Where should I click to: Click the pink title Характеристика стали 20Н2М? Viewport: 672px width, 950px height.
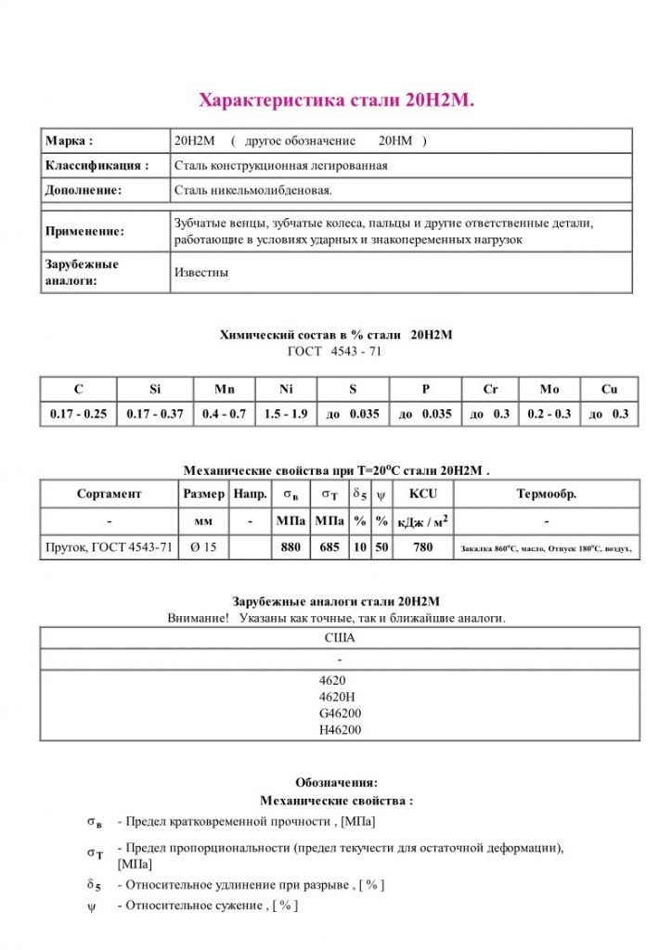(337, 100)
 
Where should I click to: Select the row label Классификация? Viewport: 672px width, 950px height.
(97, 165)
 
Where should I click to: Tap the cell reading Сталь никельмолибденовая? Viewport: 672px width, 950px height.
(253, 190)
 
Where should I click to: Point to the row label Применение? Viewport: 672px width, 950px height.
(84, 231)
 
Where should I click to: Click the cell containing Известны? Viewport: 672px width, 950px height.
(201, 273)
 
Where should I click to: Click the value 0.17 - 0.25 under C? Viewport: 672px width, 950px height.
(78, 414)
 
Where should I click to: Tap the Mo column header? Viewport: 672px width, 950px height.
(549, 390)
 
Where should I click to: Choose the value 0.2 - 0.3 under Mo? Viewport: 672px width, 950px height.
(549, 414)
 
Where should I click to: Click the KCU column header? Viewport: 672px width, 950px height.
(422, 494)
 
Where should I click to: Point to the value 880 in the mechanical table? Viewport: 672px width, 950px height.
(291, 547)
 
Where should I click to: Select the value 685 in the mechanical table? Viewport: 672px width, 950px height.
(329, 547)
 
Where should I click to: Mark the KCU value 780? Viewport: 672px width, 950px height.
(422, 547)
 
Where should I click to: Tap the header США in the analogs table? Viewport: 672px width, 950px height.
(340, 638)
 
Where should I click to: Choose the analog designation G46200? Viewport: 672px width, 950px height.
(340, 713)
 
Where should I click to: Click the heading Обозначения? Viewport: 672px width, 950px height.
(336, 782)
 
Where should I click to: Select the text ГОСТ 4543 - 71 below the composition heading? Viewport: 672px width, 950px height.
(335, 352)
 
